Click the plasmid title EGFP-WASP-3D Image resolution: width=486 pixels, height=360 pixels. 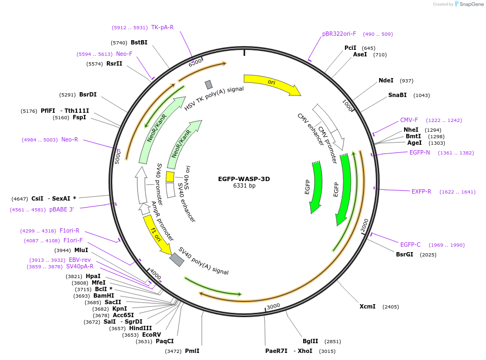[244, 178]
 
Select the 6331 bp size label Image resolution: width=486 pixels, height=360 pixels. [244, 186]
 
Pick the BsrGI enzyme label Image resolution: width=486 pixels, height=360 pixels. [404, 254]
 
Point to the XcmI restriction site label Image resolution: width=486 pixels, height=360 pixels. [367, 306]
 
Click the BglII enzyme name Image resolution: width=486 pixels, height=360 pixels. [310, 341]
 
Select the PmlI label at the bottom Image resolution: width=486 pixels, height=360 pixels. [192, 351]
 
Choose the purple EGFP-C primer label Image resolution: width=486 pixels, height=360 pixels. [410, 245]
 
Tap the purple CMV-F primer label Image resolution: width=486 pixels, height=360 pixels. [409, 120]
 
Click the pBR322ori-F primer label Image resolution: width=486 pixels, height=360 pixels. [339, 34]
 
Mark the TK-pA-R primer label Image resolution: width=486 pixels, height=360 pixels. [162, 27]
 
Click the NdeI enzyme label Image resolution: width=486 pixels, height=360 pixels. [386, 80]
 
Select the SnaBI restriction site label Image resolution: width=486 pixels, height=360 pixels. [397, 95]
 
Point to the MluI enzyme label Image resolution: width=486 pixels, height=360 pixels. [81, 250]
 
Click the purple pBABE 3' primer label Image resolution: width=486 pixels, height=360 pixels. [61, 209]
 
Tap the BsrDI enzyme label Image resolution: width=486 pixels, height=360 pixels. [87, 94]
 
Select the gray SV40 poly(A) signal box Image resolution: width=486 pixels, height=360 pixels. [177, 259]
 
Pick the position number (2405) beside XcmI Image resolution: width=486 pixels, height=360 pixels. [391, 306]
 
